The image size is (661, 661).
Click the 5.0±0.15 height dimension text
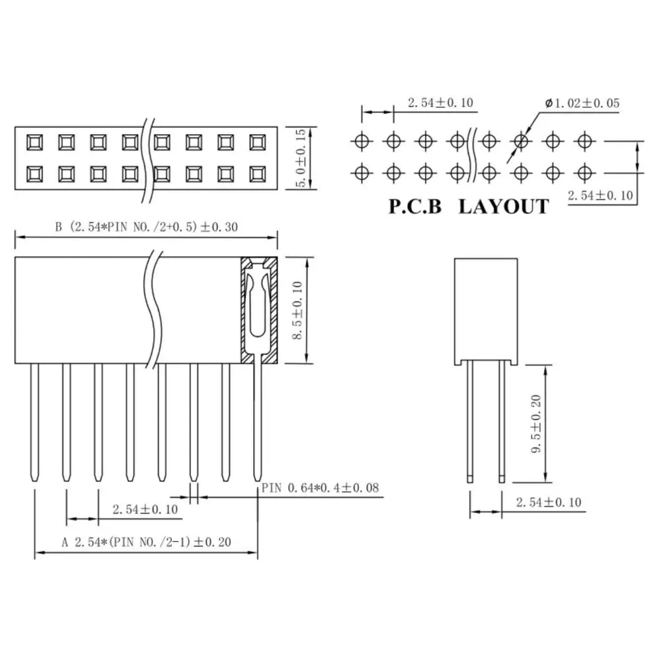tap(301, 158)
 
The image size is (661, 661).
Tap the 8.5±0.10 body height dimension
tap(298, 310)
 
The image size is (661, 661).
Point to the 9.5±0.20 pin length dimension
tap(536, 424)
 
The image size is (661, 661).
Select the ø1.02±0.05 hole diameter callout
tap(582, 103)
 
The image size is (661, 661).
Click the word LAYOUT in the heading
tap(503, 207)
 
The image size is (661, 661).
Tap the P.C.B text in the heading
tap(415, 207)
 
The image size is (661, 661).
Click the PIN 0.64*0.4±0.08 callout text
tap(321, 488)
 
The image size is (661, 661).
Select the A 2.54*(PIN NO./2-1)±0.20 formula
tap(146, 542)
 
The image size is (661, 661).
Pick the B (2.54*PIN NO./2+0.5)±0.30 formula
tap(146, 227)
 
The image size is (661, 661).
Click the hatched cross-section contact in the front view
tap(259, 310)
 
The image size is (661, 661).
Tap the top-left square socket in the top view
tap(34, 143)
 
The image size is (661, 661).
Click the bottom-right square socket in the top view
tap(258, 174)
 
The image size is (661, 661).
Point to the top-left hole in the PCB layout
tap(362, 141)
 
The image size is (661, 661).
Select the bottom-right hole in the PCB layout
tap(584, 173)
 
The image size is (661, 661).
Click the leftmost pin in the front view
tap(34, 422)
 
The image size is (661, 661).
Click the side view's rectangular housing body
tap(486, 311)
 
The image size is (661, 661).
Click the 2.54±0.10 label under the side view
tap(549, 502)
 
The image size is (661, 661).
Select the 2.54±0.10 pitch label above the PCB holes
tap(440, 103)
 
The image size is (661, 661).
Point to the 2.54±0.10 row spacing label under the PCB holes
tap(600, 196)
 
